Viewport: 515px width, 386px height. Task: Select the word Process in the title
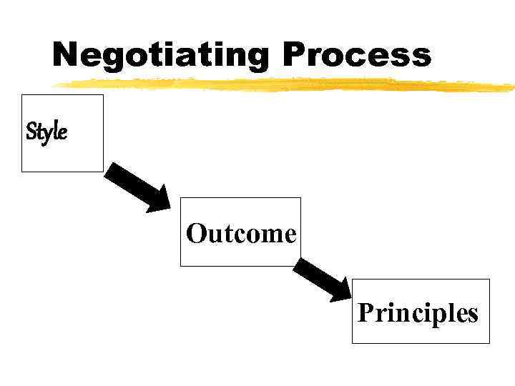tap(357, 54)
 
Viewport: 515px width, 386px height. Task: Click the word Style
tap(46, 132)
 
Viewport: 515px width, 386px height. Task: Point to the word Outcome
tap(241, 233)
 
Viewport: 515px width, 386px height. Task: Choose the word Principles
tap(418, 312)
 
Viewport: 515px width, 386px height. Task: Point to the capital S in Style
tap(31, 132)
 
